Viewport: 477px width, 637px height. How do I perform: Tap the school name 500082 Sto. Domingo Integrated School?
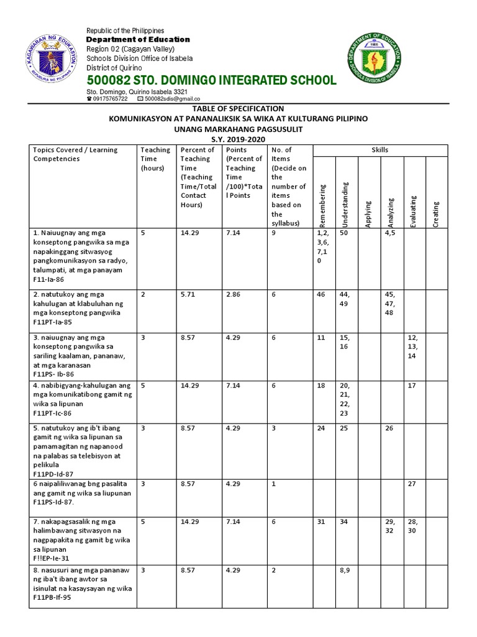point(212,80)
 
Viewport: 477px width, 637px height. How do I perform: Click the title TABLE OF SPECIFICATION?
point(238,109)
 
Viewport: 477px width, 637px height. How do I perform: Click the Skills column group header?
point(380,150)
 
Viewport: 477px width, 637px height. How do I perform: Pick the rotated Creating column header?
point(436,213)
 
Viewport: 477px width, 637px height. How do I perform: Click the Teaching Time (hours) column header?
point(155,159)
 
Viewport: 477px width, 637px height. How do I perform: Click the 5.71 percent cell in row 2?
point(188,294)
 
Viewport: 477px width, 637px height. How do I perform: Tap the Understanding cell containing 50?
point(343,233)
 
